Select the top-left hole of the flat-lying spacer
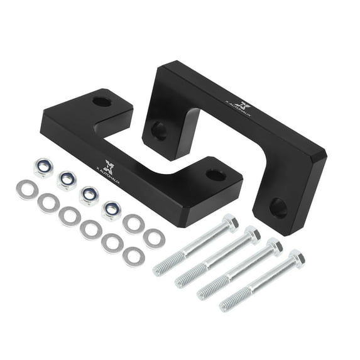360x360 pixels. point(101,101)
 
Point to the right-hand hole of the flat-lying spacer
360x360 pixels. point(215,175)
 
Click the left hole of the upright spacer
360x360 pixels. point(159,131)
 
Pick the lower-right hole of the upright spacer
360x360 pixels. point(278,208)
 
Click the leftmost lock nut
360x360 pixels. point(43,168)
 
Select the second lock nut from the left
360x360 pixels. point(66,181)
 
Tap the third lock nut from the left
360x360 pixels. point(89,195)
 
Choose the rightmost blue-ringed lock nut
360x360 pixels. point(112,210)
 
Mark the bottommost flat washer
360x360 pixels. point(133,256)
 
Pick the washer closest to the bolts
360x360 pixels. point(153,237)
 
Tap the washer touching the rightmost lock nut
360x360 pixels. point(133,224)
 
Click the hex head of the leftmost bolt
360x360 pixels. point(230,222)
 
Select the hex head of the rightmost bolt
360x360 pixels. point(295,258)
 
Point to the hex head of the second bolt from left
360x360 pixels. point(252,234)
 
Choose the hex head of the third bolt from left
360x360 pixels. point(273,246)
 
